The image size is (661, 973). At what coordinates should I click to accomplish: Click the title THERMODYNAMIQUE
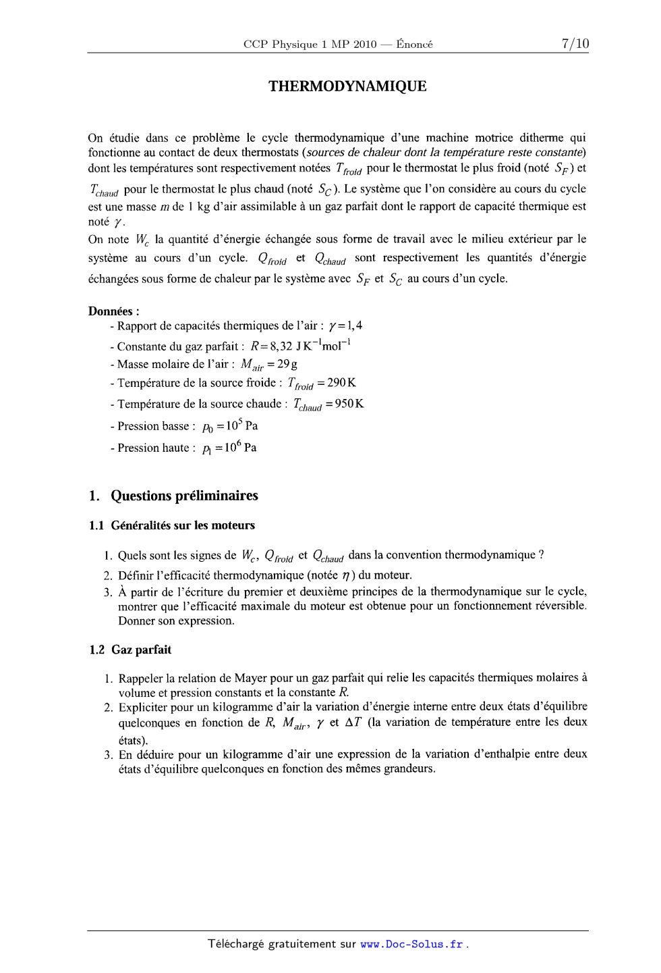pos(347,86)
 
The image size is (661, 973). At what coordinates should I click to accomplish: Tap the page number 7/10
pos(575,44)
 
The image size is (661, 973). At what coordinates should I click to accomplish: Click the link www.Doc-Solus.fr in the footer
pos(412,944)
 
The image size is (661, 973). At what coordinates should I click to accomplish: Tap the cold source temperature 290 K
pos(341,383)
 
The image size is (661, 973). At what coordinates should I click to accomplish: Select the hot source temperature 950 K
pos(349,404)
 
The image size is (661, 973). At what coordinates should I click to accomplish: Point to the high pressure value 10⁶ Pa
pos(241,447)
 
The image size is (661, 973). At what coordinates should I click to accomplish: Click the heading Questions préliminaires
pos(184,496)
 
